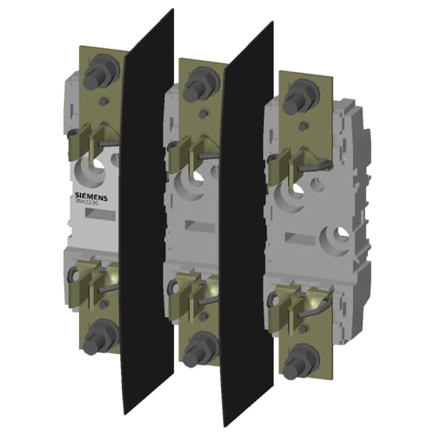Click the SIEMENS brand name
tap(91, 196)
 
